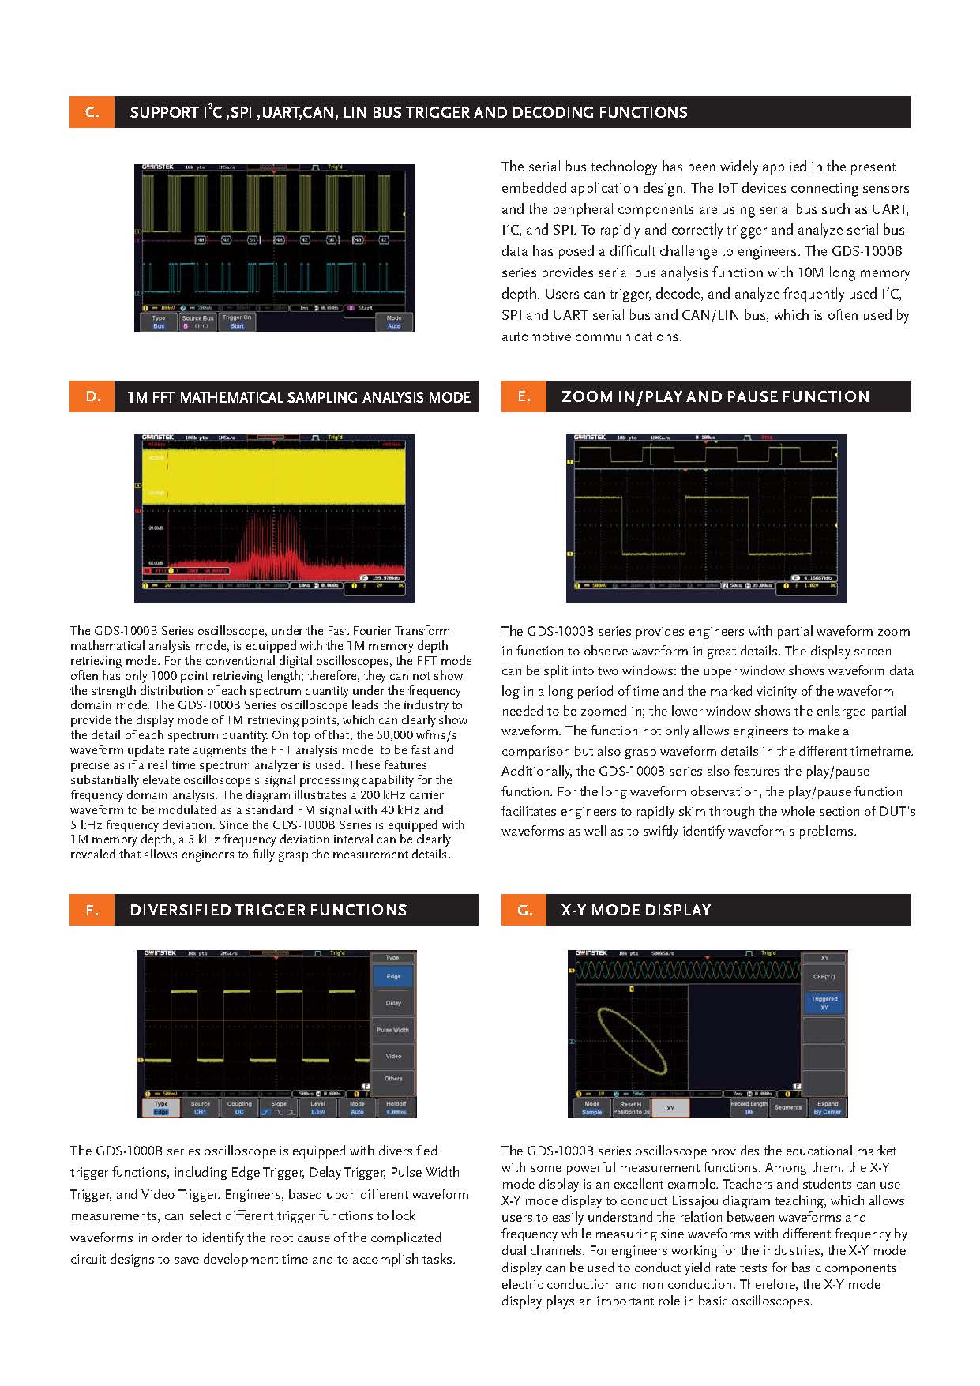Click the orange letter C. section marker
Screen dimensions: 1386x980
[92, 112]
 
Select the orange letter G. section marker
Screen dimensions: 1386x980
[524, 910]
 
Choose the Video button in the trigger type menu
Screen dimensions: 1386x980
[393, 1056]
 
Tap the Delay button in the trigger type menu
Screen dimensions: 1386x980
[393, 1003]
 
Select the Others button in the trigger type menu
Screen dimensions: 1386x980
[393, 1079]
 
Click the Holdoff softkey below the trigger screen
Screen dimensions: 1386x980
[396, 1108]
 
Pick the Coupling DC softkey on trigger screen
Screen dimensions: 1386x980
[239, 1108]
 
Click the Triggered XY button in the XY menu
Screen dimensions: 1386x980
[824, 1003]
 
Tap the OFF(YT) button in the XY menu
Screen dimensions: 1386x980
[824, 977]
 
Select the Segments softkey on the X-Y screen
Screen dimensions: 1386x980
[787, 1108]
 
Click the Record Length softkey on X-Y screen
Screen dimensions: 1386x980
[748, 1108]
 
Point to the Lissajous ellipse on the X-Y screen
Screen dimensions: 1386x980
[632, 1040]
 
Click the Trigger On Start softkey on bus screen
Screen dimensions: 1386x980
[237, 321]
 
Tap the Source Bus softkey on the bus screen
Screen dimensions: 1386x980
[197, 321]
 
